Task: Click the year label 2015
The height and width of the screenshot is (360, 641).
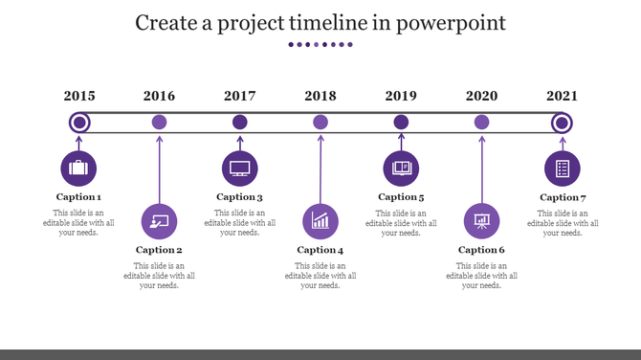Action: tap(79, 96)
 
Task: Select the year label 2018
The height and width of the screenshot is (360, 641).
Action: tap(320, 96)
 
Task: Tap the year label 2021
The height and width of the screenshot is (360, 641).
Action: tap(563, 96)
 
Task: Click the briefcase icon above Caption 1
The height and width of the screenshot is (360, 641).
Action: tap(78, 168)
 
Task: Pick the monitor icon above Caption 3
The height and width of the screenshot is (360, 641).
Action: tap(240, 168)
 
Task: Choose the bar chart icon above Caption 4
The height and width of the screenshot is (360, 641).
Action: tap(320, 220)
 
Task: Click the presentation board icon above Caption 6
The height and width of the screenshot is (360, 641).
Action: tap(481, 220)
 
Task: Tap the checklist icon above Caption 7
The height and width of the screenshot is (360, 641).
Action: tap(563, 169)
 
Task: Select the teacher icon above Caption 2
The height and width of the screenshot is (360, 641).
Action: tap(159, 220)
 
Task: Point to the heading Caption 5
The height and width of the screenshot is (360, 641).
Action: tap(401, 197)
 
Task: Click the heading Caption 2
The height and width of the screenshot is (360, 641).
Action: tap(159, 250)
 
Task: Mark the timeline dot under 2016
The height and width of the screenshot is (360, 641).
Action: tap(160, 122)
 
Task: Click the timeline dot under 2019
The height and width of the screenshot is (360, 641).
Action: tap(401, 122)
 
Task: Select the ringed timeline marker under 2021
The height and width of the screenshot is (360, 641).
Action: tap(563, 122)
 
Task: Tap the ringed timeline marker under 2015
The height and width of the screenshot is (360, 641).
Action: tap(79, 122)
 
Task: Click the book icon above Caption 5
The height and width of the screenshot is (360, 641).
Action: tap(401, 168)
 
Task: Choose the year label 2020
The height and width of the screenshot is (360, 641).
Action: tap(481, 96)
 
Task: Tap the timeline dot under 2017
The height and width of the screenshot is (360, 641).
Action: tap(240, 122)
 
